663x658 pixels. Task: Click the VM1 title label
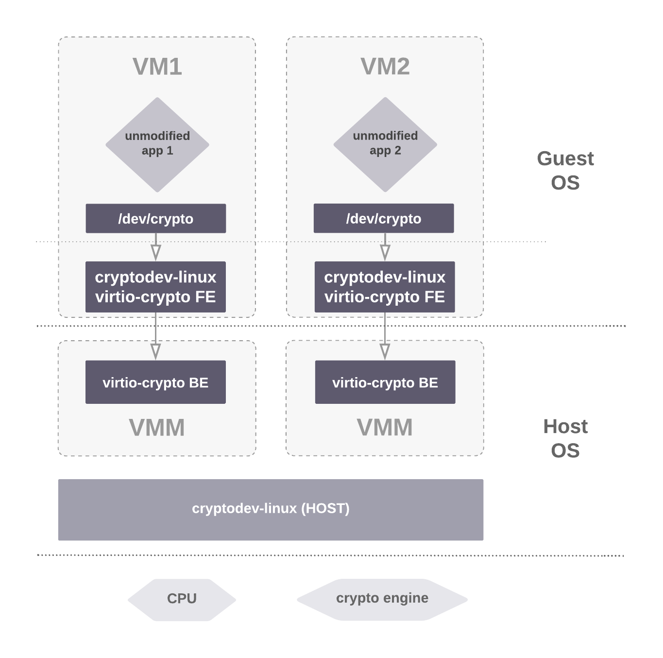[x=157, y=67]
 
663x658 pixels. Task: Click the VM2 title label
[x=385, y=67]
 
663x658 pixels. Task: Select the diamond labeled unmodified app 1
[x=157, y=144]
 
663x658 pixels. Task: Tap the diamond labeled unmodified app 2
[x=385, y=144]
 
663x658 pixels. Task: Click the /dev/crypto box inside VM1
[x=155, y=218]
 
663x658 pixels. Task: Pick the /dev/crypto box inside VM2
[x=384, y=218]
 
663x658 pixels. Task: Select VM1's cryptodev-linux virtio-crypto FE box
[x=155, y=287]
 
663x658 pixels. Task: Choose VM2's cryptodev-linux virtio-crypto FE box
[x=385, y=287]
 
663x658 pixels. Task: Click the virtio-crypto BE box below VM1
[x=155, y=382]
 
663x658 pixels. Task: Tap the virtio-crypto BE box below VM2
[x=385, y=382]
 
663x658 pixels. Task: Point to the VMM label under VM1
[x=157, y=428]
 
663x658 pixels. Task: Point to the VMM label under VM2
[x=385, y=428]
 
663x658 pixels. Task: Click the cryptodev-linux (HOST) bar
[x=271, y=509]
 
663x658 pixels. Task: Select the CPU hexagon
[x=182, y=599]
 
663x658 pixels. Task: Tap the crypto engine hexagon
[x=382, y=599]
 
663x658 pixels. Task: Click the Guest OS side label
[x=565, y=171]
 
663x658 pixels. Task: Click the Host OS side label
[x=565, y=438]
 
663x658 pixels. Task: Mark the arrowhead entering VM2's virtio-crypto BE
[x=385, y=351]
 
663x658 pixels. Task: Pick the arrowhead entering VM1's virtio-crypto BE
[x=155, y=351]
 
